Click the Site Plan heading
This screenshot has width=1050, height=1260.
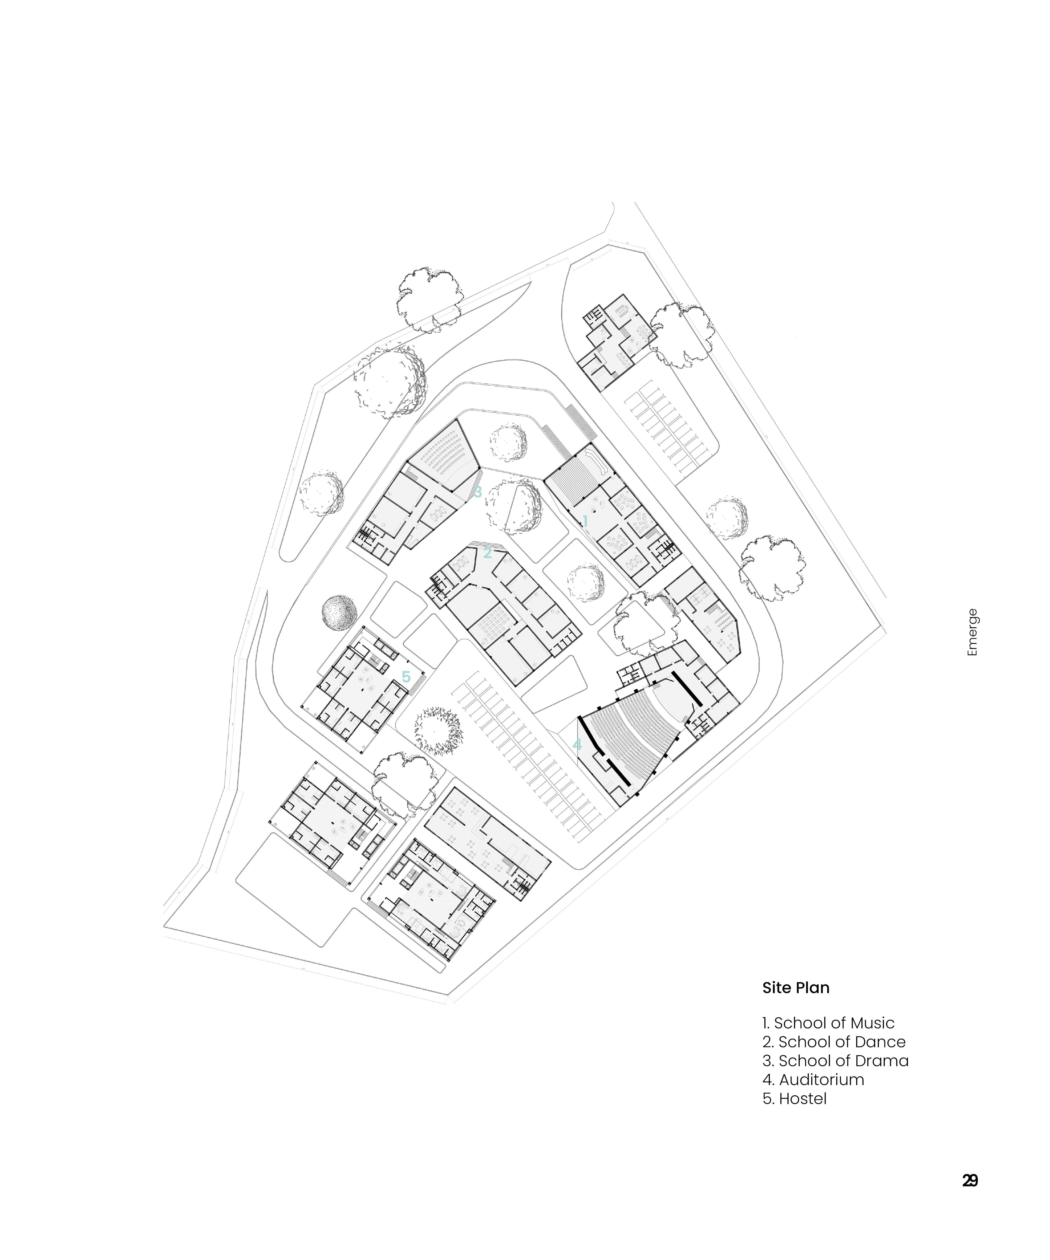pyautogui.click(x=796, y=988)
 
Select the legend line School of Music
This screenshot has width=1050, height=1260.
pyautogui.click(x=828, y=1023)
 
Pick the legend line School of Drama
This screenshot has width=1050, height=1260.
pyautogui.click(x=835, y=1061)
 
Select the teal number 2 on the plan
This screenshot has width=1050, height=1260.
pyautogui.click(x=487, y=553)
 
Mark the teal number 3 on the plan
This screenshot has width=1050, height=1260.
pyautogui.click(x=478, y=493)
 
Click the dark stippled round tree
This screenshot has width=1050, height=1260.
pyautogui.click(x=339, y=613)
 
